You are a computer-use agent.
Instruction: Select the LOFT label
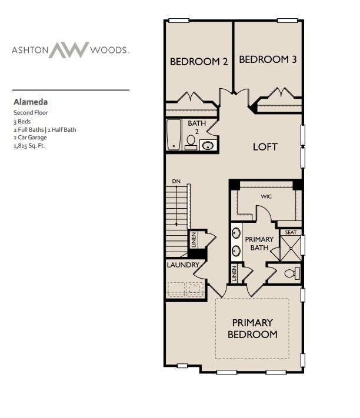(x=265, y=146)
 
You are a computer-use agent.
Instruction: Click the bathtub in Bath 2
(x=174, y=135)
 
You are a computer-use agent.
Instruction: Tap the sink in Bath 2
(x=208, y=144)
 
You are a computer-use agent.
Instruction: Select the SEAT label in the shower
(x=290, y=232)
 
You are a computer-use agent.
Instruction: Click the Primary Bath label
(x=259, y=243)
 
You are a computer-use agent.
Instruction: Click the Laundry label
(x=183, y=265)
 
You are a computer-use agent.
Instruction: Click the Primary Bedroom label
(x=252, y=329)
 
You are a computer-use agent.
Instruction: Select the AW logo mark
(x=68, y=50)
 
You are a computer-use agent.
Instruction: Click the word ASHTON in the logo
(x=28, y=51)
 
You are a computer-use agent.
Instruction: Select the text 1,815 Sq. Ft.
(x=29, y=146)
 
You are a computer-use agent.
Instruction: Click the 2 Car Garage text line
(x=30, y=138)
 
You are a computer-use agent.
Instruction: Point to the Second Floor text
(x=31, y=112)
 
